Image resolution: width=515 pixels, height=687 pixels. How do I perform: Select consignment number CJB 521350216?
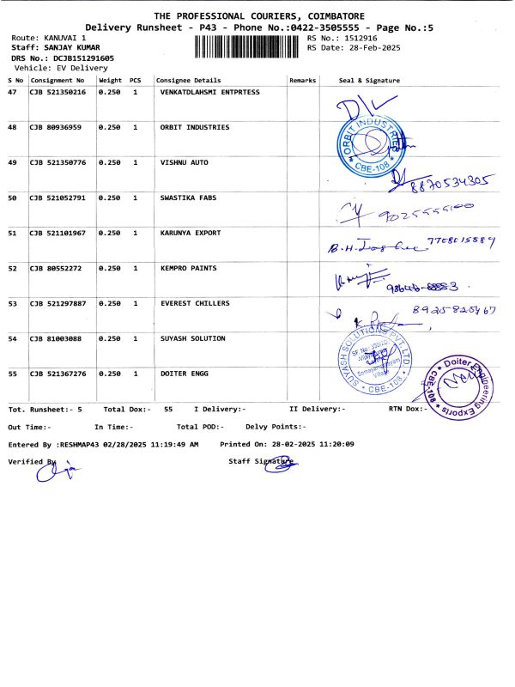click(58, 92)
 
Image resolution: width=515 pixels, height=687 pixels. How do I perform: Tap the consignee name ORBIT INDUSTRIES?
click(195, 127)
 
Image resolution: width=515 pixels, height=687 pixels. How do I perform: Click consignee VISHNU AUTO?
click(185, 162)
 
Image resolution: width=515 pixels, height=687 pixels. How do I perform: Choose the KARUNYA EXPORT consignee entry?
click(191, 233)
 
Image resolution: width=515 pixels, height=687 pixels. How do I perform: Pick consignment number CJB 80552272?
click(55, 268)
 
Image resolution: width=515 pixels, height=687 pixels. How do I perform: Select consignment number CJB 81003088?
click(55, 338)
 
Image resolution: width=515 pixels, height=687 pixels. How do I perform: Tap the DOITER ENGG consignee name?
click(185, 374)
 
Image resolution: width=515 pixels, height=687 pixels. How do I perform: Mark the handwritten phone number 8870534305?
click(454, 180)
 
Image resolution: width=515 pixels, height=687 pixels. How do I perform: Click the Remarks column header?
click(303, 81)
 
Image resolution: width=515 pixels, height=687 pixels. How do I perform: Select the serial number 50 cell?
click(12, 198)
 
